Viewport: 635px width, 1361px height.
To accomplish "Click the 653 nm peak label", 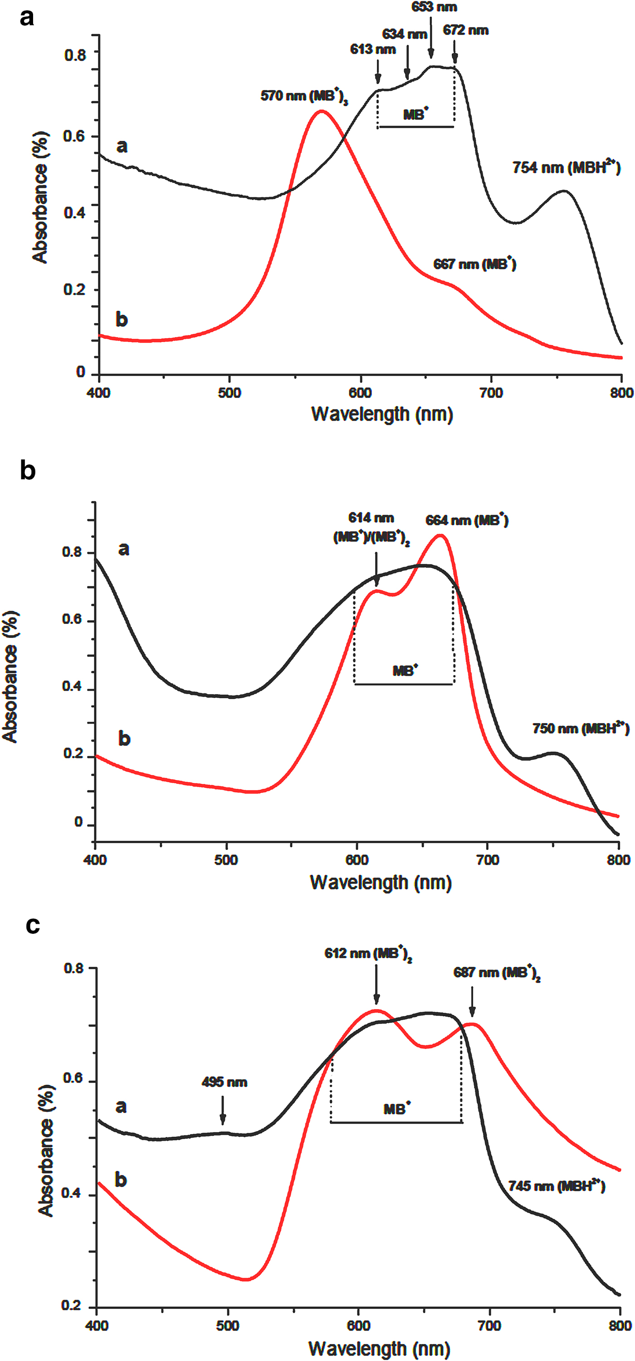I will [434, 7].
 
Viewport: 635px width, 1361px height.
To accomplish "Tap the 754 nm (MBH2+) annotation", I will [566, 168].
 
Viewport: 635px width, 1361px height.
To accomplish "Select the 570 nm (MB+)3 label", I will [304, 96].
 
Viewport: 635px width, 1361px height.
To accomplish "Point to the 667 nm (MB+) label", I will [474, 264].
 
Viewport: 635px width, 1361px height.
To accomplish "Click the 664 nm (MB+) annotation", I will [466, 521].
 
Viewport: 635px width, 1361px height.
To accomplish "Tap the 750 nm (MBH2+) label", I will [581, 729].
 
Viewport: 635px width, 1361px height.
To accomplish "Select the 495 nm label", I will [224, 1082].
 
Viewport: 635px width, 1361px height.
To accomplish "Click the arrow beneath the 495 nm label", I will [223, 1110].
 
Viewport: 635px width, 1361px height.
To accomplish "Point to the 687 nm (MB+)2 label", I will [497, 973].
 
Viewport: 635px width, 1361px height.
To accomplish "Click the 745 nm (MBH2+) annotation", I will [556, 1186].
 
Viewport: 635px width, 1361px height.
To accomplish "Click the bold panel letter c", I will [33, 925].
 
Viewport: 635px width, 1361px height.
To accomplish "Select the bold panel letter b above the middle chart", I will [28, 470].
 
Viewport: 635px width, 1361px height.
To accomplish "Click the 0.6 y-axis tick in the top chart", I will [74, 136].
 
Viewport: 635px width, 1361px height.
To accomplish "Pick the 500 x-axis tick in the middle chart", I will [226, 859].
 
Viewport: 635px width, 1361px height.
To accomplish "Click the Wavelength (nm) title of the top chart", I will [382, 414].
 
